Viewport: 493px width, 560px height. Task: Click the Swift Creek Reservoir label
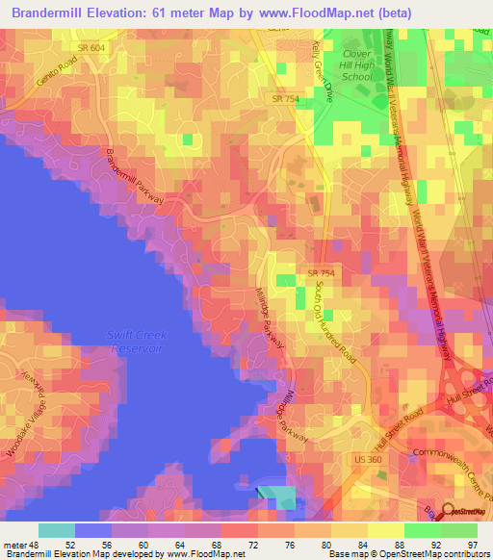tap(135, 341)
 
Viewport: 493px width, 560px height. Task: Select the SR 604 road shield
tap(91, 46)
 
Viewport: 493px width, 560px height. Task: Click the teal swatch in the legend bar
tap(57, 530)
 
